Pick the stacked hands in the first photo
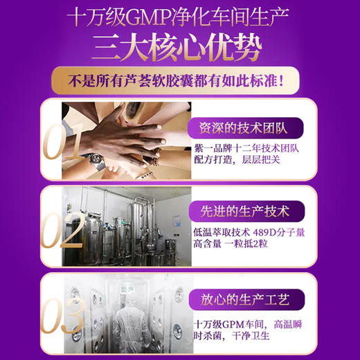pos(132,138)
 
